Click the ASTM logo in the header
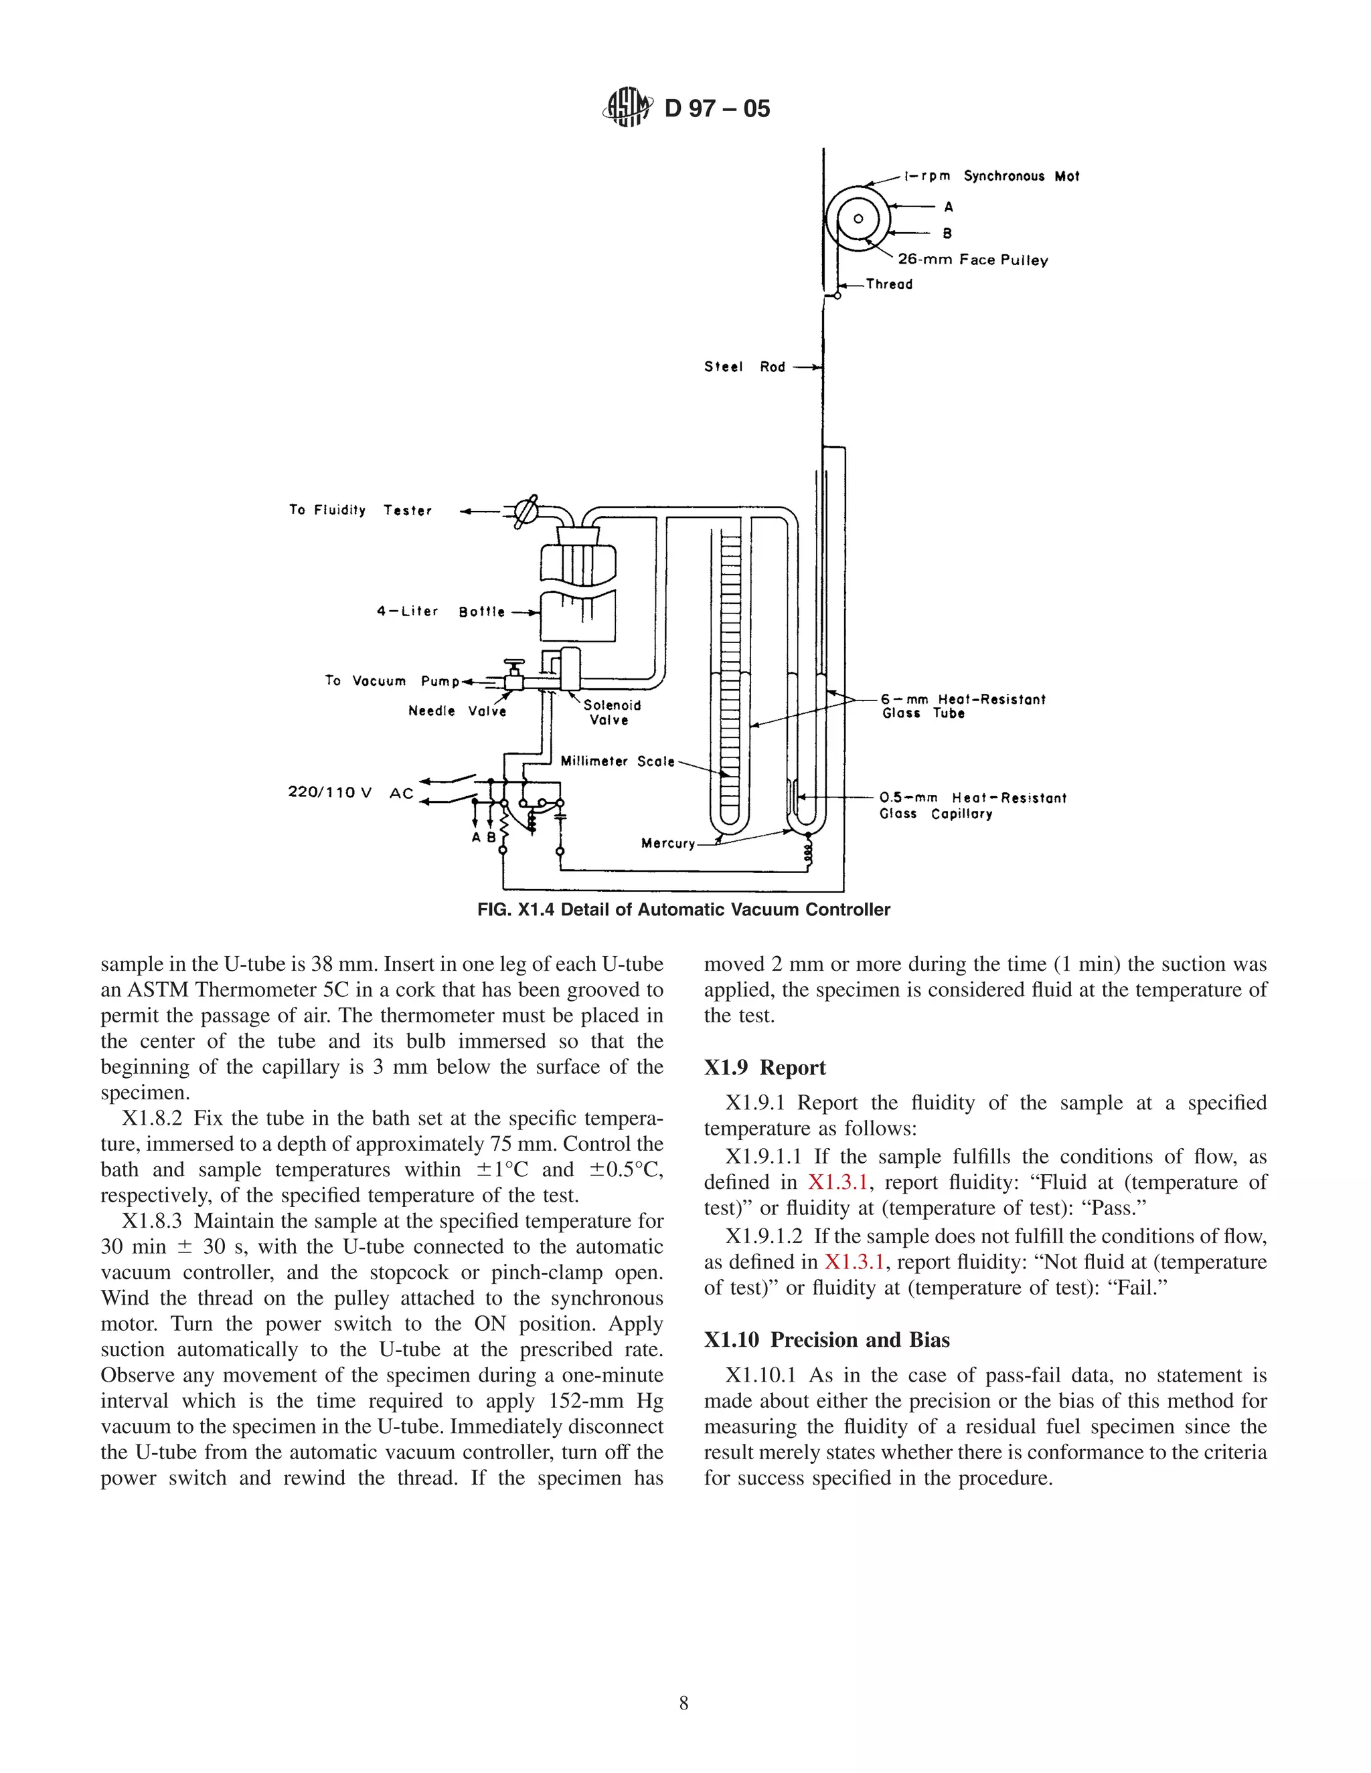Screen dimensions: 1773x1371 tap(628, 107)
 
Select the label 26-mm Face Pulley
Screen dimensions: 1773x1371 tap(972, 260)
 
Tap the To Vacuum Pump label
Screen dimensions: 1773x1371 tap(392, 680)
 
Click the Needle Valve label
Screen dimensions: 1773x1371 tap(457, 711)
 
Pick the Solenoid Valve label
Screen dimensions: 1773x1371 tap(612, 712)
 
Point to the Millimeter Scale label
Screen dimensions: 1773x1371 tap(617, 761)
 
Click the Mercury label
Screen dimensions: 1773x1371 tap(667, 844)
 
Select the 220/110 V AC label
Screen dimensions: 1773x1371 tap(350, 792)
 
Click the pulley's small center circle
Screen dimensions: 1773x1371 tap(858, 218)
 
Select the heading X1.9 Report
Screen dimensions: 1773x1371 tap(764, 1068)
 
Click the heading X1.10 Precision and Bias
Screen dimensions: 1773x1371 tap(826, 1339)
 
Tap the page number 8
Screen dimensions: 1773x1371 tap(684, 1703)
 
